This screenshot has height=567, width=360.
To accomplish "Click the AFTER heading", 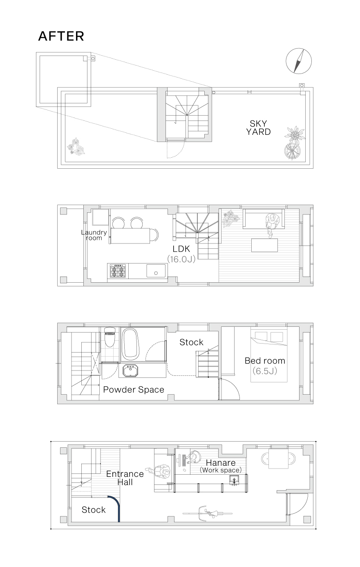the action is click(x=61, y=36).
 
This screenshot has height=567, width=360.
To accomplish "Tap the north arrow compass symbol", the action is click(x=299, y=61).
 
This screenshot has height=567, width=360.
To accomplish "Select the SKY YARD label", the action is click(x=259, y=127).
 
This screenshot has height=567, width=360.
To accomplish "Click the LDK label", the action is click(x=181, y=249).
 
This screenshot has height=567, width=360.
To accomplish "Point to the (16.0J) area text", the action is click(x=181, y=259).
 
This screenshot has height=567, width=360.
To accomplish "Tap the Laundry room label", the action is click(x=94, y=235).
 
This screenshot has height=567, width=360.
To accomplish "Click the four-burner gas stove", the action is click(x=118, y=270).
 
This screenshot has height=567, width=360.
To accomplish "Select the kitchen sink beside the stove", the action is click(x=156, y=270).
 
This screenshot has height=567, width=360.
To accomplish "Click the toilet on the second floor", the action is click(x=110, y=337).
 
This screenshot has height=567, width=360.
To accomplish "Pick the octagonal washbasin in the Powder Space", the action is click(x=130, y=371).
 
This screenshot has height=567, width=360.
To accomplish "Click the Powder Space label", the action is click(x=134, y=390).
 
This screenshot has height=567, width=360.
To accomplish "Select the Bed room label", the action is click(x=265, y=361).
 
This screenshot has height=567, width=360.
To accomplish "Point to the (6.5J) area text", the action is click(x=265, y=371).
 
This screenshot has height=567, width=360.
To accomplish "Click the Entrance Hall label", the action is click(x=125, y=478).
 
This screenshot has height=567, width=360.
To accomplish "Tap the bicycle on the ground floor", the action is click(x=208, y=513).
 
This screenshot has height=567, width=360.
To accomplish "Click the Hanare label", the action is click(x=221, y=463).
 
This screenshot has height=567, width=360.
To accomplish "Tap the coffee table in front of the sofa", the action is click(x=264, y=245).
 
